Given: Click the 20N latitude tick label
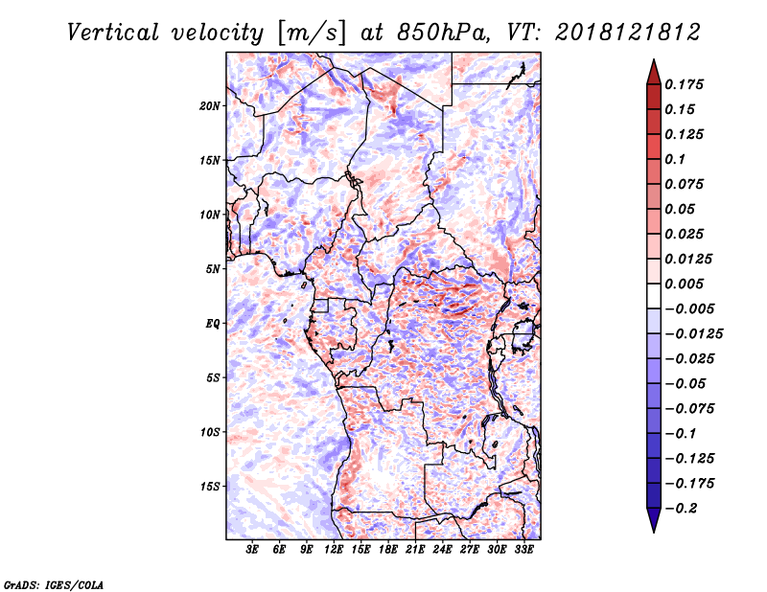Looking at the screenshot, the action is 210,106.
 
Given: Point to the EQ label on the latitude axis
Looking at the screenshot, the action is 213,324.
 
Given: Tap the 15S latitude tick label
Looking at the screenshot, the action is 210,487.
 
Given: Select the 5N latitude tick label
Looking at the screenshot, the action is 213,269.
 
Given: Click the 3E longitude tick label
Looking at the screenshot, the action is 252,550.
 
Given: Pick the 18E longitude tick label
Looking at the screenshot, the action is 388,550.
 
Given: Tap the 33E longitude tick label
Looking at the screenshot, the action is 523,550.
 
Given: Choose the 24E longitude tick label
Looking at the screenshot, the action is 442,550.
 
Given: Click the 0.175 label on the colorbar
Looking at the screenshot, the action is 684,84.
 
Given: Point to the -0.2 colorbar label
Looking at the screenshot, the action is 681,509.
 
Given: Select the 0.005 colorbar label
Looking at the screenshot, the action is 684,284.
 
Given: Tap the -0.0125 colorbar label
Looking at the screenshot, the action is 693,334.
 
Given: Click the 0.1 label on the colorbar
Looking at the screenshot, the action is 675,159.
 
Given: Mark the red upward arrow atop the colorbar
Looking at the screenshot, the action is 654,72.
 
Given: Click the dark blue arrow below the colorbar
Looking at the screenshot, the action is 654,520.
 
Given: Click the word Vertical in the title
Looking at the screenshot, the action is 113,33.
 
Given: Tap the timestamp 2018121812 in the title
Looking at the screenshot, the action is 628,33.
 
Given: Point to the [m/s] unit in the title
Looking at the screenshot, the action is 312,34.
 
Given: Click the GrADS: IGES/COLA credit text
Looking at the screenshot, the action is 54,584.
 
